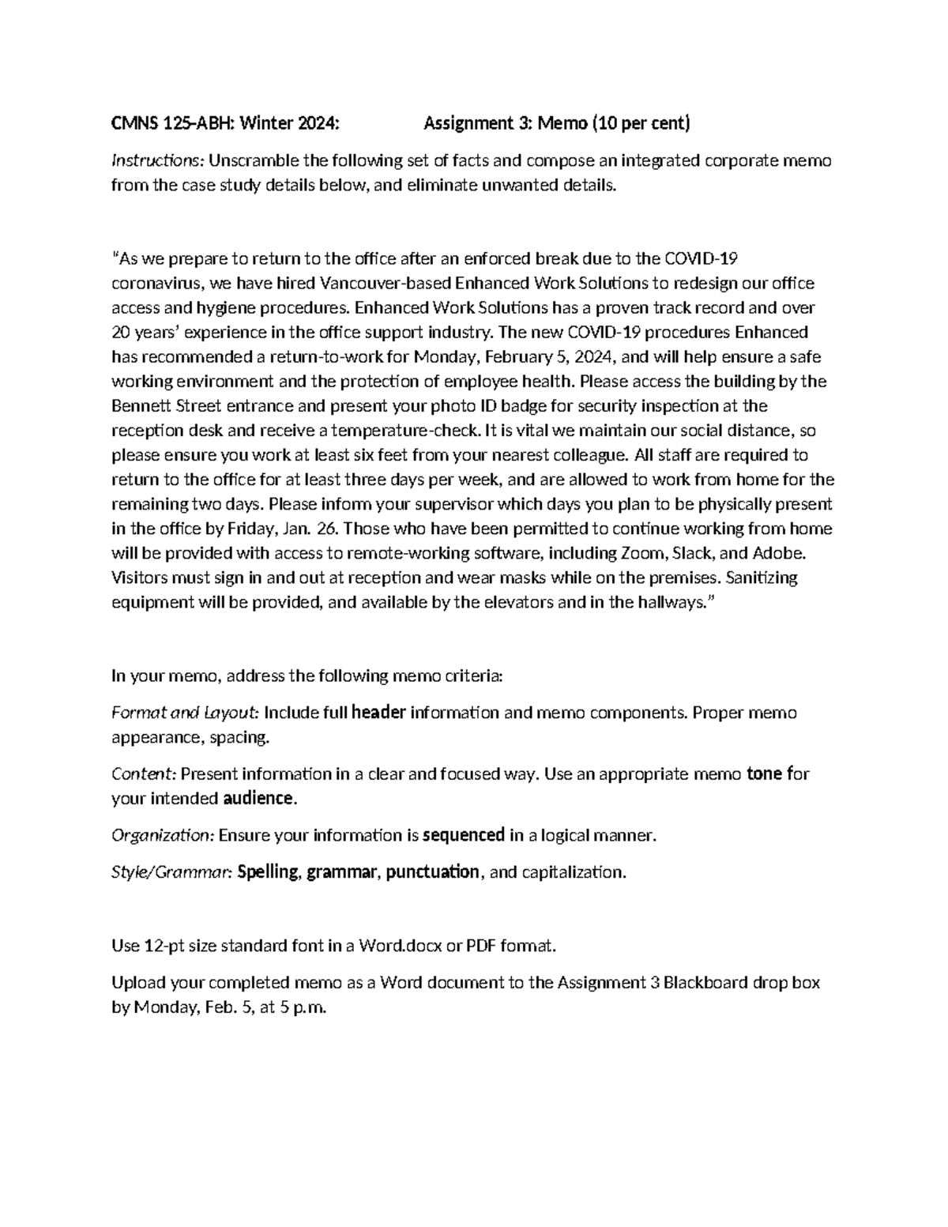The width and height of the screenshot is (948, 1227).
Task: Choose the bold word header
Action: (378, 713)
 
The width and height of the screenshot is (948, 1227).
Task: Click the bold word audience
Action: (258, 798)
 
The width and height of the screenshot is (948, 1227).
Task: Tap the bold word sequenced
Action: (464, 835)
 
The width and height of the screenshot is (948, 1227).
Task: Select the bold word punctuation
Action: (432, 872)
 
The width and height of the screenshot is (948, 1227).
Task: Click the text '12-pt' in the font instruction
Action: (164, 946)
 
